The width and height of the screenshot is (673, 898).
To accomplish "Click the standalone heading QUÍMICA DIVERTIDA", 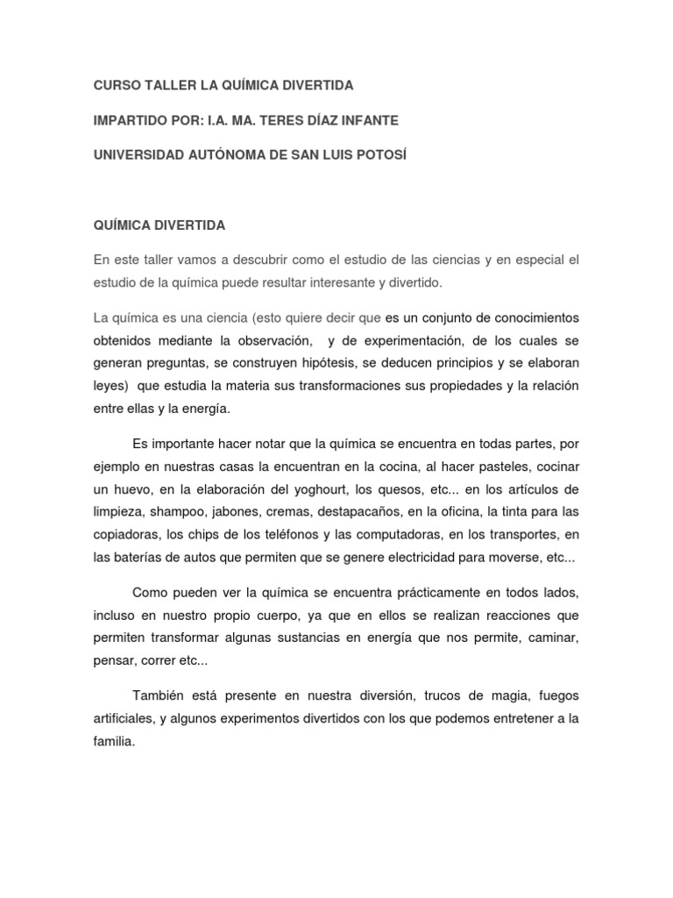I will coord(159,225).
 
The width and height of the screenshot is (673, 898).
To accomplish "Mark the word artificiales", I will coord(126,718).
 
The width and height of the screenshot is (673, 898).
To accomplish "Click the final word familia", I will coord(114,741).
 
